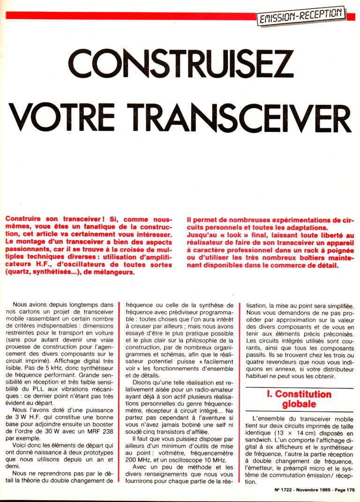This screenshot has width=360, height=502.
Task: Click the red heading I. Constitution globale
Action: [x=299, y=399]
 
